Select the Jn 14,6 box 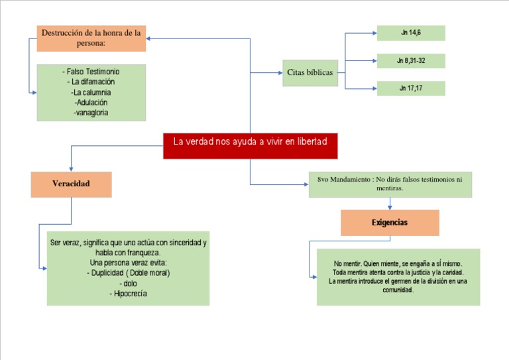tap(411, 32)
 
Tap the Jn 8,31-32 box tap(411, 61)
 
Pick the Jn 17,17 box tap(411, 88)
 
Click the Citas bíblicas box tap(310, 72)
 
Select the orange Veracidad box tap(71, 184)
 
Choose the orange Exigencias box tap(390, 223)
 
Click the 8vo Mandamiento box tap(390, 184)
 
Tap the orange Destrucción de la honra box tap(91, 38)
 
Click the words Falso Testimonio tap(91, 71)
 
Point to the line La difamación tap(91, 82)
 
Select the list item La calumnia tap(91, 92)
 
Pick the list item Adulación tap(91, 103)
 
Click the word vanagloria tap(91, 113)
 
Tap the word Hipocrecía tap(128, 293)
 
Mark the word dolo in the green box tap(128, 283)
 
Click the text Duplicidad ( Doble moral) tap(128, 273)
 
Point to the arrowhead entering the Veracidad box tap(71, 168)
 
